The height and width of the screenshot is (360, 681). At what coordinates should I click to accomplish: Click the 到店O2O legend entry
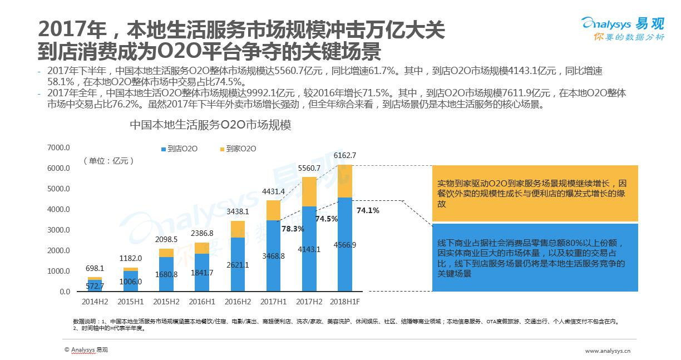[x=179, y=149]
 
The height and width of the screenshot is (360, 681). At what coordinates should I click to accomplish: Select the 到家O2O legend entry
[x=238, y=149]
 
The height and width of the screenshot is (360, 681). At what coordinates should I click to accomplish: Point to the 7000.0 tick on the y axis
[x=58, y=147]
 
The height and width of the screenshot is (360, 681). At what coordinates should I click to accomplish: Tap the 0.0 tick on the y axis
[x=65, y=292]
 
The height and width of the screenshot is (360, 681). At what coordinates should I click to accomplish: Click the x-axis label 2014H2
[x=95, y=302]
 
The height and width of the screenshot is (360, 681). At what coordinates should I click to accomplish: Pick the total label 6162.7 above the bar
[x=345, y=155]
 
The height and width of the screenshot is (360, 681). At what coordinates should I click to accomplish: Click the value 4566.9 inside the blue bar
[x=345, y=245]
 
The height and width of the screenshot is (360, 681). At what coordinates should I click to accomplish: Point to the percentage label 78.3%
[x=292, y=229]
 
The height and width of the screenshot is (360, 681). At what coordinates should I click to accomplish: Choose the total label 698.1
[x=95, y=268]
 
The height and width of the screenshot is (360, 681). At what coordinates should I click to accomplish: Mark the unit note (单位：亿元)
[x=109, y=161]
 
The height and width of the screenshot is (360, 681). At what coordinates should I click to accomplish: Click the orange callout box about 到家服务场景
[x=535, y=193]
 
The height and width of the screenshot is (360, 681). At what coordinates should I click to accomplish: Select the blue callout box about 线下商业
[x=535, y=257]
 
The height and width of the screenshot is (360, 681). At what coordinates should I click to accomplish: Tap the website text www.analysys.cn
[x=607, y=351]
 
